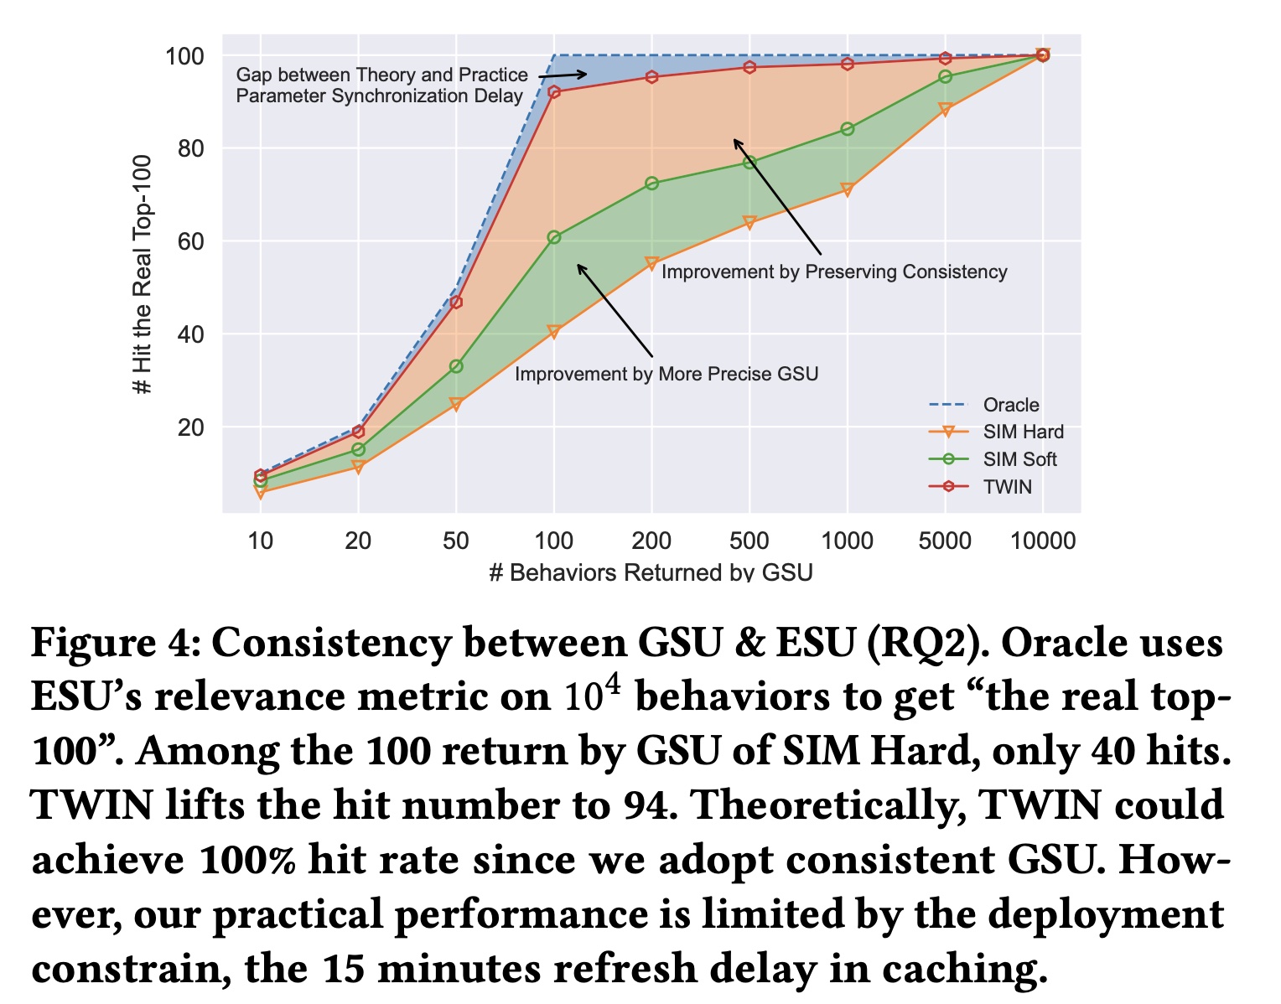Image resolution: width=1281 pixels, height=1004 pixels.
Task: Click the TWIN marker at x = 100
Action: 554,92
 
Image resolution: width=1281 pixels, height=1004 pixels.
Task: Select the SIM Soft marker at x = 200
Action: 651,184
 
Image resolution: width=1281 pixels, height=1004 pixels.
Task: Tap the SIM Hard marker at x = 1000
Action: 847,190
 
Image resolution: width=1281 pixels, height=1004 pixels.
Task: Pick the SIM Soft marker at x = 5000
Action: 945,77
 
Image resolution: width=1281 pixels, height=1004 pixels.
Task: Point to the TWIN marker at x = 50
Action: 456,302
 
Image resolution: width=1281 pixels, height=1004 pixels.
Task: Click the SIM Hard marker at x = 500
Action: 749,223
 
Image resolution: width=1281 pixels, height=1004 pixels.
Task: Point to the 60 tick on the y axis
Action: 190,242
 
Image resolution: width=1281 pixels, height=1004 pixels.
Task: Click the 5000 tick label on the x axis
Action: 945,541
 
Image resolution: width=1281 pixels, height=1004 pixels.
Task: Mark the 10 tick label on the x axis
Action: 261,541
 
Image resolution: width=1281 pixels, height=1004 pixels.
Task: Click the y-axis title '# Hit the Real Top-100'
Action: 143,274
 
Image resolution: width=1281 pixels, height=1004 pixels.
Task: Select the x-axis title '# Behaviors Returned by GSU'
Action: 651,572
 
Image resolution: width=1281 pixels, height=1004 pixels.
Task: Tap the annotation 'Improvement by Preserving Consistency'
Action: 834,272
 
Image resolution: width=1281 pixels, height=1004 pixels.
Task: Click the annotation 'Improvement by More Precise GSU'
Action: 666,374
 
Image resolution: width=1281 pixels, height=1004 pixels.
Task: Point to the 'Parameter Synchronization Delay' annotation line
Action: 379,96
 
